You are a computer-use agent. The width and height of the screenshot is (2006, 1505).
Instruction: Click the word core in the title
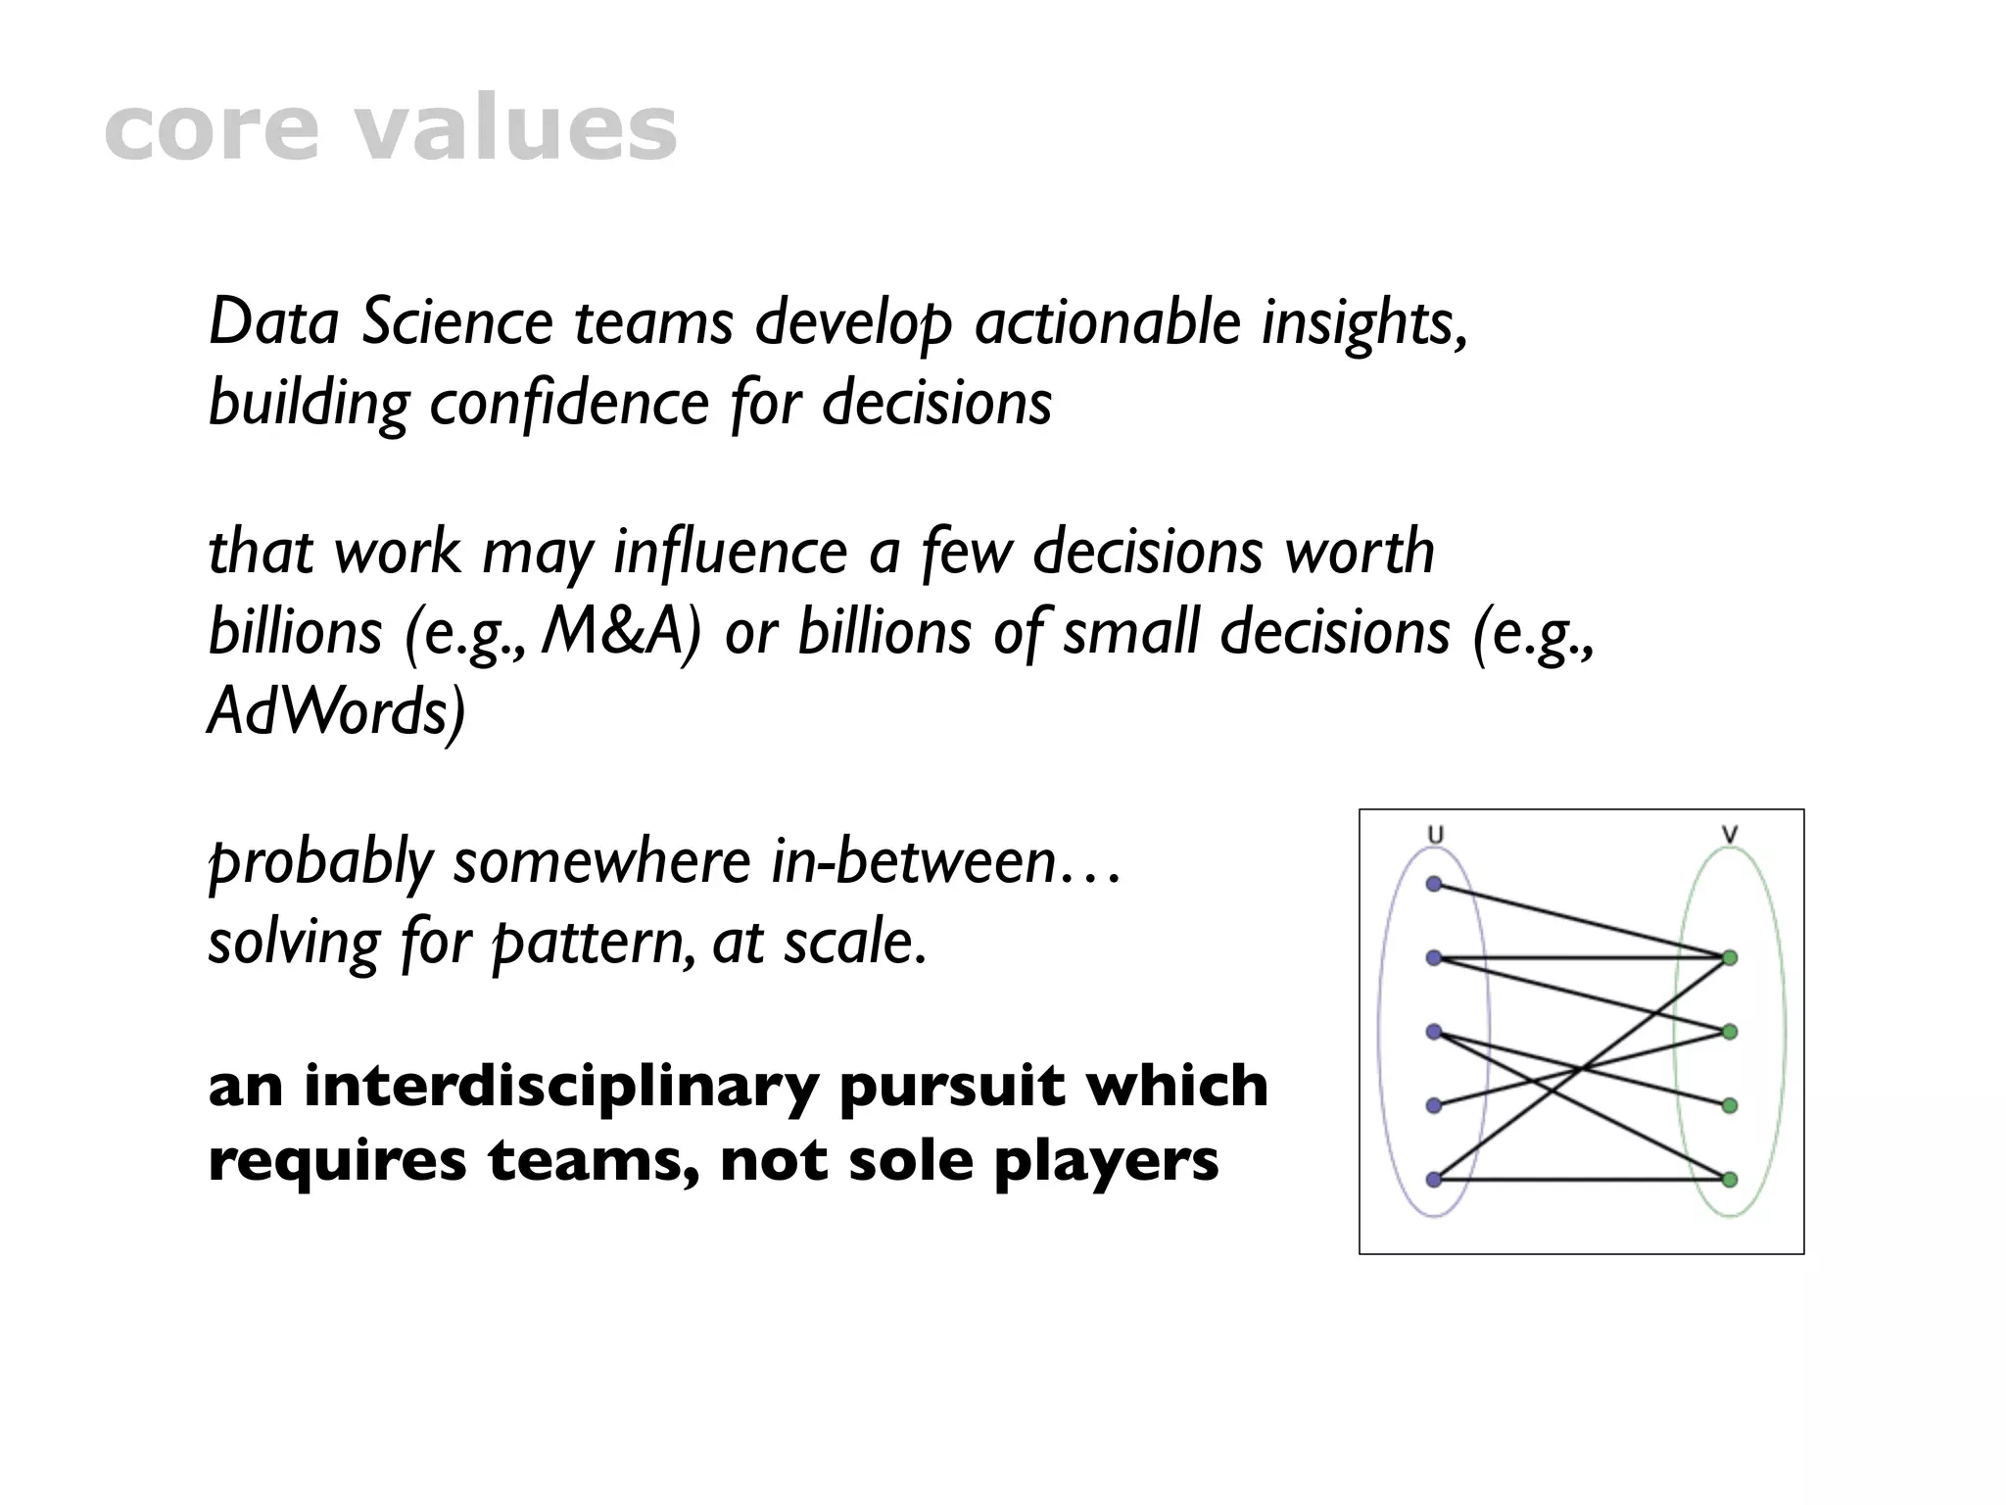(211, 131)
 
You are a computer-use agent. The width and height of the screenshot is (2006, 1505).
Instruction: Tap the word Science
(457, 322)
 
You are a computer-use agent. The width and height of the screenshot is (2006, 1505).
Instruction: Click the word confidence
(569, 403)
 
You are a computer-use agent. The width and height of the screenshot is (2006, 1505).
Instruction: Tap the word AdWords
(335, 712)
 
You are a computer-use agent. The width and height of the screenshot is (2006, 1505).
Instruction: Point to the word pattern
(589, 943)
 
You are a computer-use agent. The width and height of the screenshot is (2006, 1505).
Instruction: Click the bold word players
(1106, 1161)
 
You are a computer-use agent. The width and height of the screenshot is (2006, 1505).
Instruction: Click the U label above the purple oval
(1435, 836)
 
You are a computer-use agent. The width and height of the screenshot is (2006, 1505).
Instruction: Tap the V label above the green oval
(1730, 836)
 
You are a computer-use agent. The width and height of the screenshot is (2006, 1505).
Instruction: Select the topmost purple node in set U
(1434, 884)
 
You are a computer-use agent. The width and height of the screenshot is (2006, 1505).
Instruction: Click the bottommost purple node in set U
(1434, 1180)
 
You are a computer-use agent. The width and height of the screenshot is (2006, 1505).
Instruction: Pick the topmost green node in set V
(1730, 957)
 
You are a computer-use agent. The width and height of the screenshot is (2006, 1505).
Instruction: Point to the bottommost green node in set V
(1730, 1180)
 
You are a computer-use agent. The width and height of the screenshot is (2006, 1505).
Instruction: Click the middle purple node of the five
(1434, 1032)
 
